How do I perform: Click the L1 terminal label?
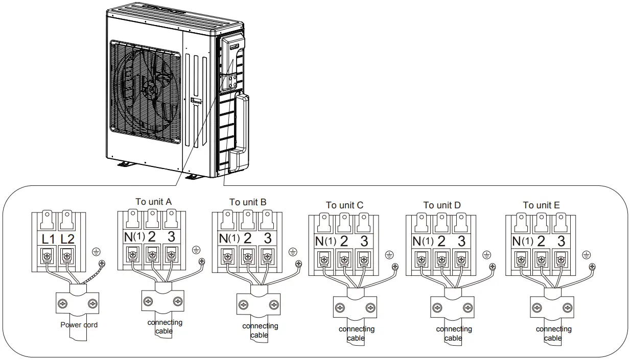click(49, 238)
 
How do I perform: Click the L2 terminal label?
click(68, 238)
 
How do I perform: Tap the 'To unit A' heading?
click(153, 201)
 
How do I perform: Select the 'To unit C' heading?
click(345, 205)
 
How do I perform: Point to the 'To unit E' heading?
click(541, 205)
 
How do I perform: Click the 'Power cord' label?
click(79, 325)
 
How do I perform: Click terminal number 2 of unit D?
click(441, 242)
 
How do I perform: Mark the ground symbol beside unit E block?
click(586, 254)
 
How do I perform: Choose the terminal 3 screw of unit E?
click(560, 260)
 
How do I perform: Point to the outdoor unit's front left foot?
click(124, 164)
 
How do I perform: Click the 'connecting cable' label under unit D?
click(453, 333)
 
